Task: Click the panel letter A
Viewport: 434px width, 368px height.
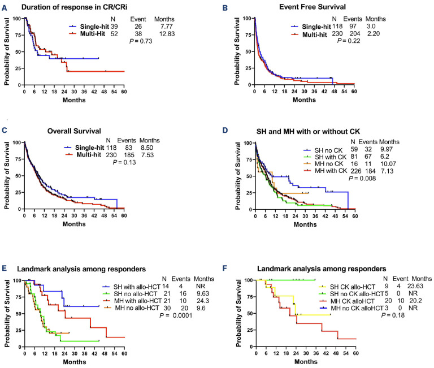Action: click(5, 8)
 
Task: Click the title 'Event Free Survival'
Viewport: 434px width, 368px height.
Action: click(313, 7)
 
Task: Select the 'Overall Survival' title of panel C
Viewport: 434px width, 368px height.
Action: click(74, 131)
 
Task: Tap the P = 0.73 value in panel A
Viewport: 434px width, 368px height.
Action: click(141, 41)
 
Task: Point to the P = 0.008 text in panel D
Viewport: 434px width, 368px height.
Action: click(362, 178)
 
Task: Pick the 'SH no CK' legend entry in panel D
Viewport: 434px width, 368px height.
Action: click(328, 150)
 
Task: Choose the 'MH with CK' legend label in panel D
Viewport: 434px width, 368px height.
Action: click(331, 171)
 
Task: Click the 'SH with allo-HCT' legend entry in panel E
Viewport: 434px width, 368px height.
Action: click(137, 287)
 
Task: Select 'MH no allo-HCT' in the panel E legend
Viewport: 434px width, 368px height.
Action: click(137, 308)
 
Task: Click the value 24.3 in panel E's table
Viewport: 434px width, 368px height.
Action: click(202, 301)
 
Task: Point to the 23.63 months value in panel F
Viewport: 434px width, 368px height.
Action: click(415, 286)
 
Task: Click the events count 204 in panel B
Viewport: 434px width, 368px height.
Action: click(355, 33)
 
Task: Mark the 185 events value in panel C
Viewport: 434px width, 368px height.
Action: click(129, 155)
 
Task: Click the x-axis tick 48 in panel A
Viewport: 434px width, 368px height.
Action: click(104, 92)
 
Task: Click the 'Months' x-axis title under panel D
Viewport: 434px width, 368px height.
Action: click(305, 224)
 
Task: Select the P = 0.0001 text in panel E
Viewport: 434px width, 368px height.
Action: click(176, 315)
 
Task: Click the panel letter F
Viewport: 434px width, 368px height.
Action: click(225, 269)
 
